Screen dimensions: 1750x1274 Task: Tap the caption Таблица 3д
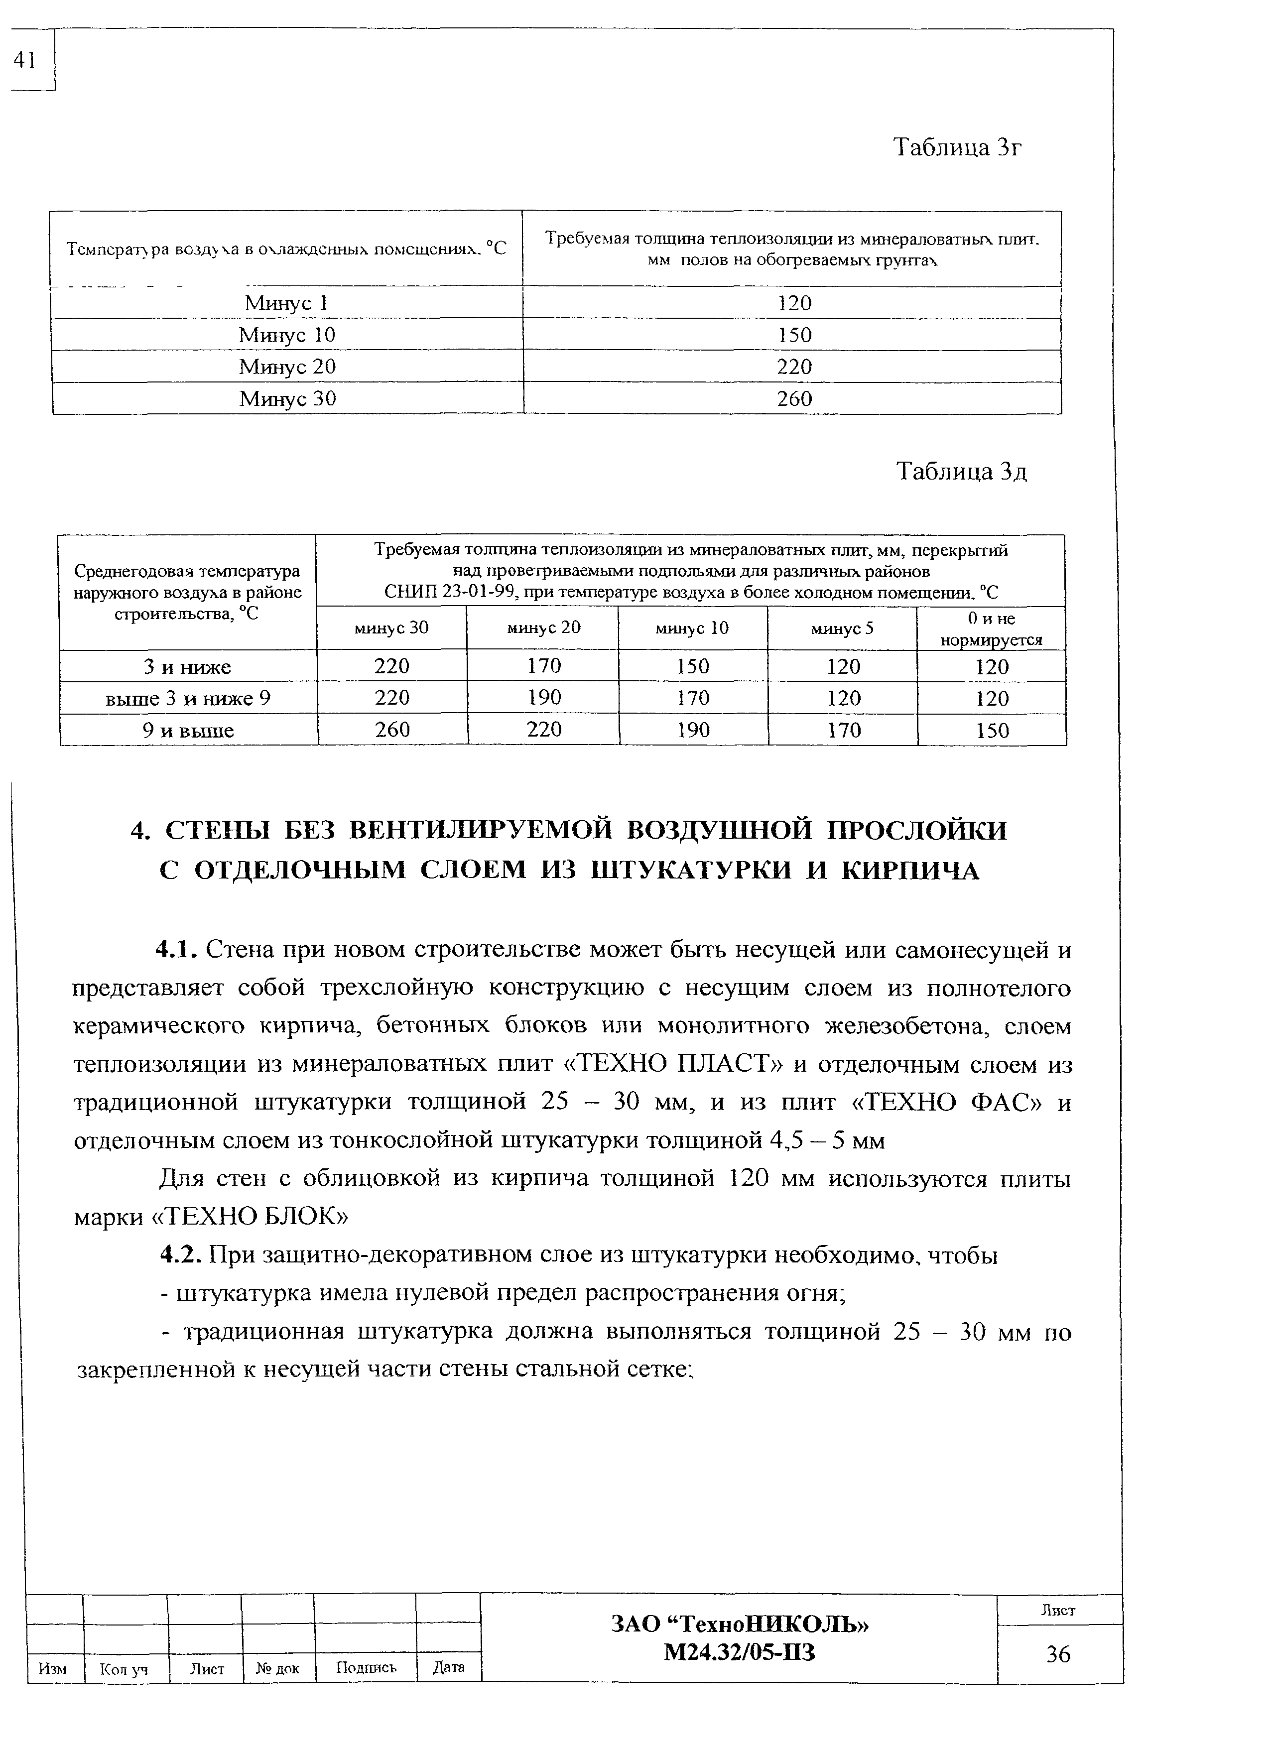click(962, 472)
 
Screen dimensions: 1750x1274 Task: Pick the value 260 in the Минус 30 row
click(794, 399)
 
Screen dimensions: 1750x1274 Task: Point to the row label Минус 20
click(287, 367)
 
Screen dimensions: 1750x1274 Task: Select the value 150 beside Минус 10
click(794, 335)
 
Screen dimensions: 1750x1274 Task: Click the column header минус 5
click(842, 628)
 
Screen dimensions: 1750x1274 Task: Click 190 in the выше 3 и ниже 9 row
click(544, 698)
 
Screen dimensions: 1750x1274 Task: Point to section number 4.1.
click(177, 950)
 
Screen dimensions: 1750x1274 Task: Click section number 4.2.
click(181, 1255)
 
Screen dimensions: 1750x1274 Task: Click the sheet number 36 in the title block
click(1058, 1654)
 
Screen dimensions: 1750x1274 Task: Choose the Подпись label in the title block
click(366, 1668)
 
